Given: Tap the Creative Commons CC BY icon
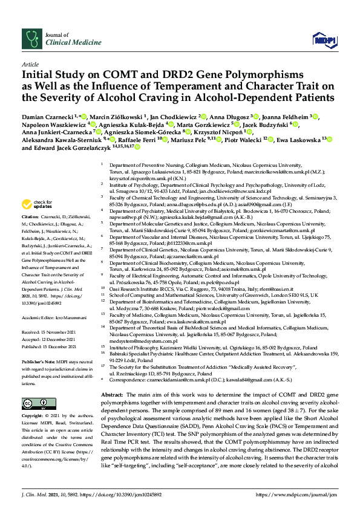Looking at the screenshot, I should [x=32, y=386].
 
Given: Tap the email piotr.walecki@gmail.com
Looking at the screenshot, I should [x=205, y=308].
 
